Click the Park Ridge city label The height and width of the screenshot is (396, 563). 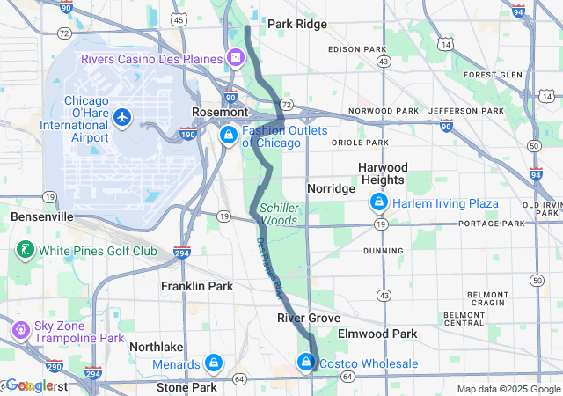point(296,24)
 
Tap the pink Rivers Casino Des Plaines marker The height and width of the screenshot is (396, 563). point(236,58)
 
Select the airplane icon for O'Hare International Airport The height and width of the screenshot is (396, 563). point(121,116)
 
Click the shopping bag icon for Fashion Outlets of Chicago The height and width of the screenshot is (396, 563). point(228,135)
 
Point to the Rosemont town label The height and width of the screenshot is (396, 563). point(220,113)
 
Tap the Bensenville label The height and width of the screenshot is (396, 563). point(41,216)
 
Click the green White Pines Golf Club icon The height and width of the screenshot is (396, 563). point(23,251)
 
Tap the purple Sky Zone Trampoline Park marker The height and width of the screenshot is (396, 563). point(19,329)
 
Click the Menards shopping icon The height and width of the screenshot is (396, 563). point(213,363)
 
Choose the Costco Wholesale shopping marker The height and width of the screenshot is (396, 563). point(306,362)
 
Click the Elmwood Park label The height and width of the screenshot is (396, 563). point(377,334)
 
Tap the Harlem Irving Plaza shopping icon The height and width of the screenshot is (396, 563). point(379,203)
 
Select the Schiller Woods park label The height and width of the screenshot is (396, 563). point(278,214)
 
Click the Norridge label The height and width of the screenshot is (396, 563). point(331,188)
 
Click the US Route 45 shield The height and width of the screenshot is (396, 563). point(179,18)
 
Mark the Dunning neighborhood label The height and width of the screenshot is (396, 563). point(382,250)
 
